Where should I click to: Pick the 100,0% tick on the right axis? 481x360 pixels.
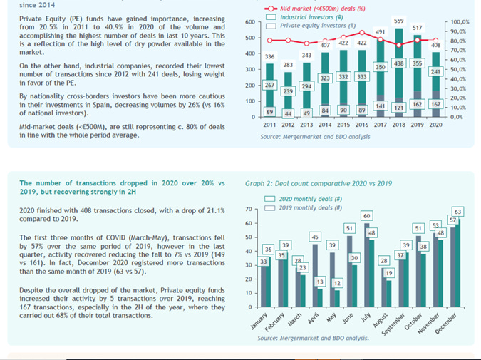pos(460,23)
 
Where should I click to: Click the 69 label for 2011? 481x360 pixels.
pos(269,112)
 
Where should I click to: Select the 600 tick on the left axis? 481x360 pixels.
pos(249,22)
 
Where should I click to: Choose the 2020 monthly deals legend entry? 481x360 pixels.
pos(309,199)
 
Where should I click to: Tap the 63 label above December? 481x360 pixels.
pos(457,212)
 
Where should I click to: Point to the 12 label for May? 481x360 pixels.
pos(338,283)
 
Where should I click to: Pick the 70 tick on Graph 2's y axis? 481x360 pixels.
pos(249,209)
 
